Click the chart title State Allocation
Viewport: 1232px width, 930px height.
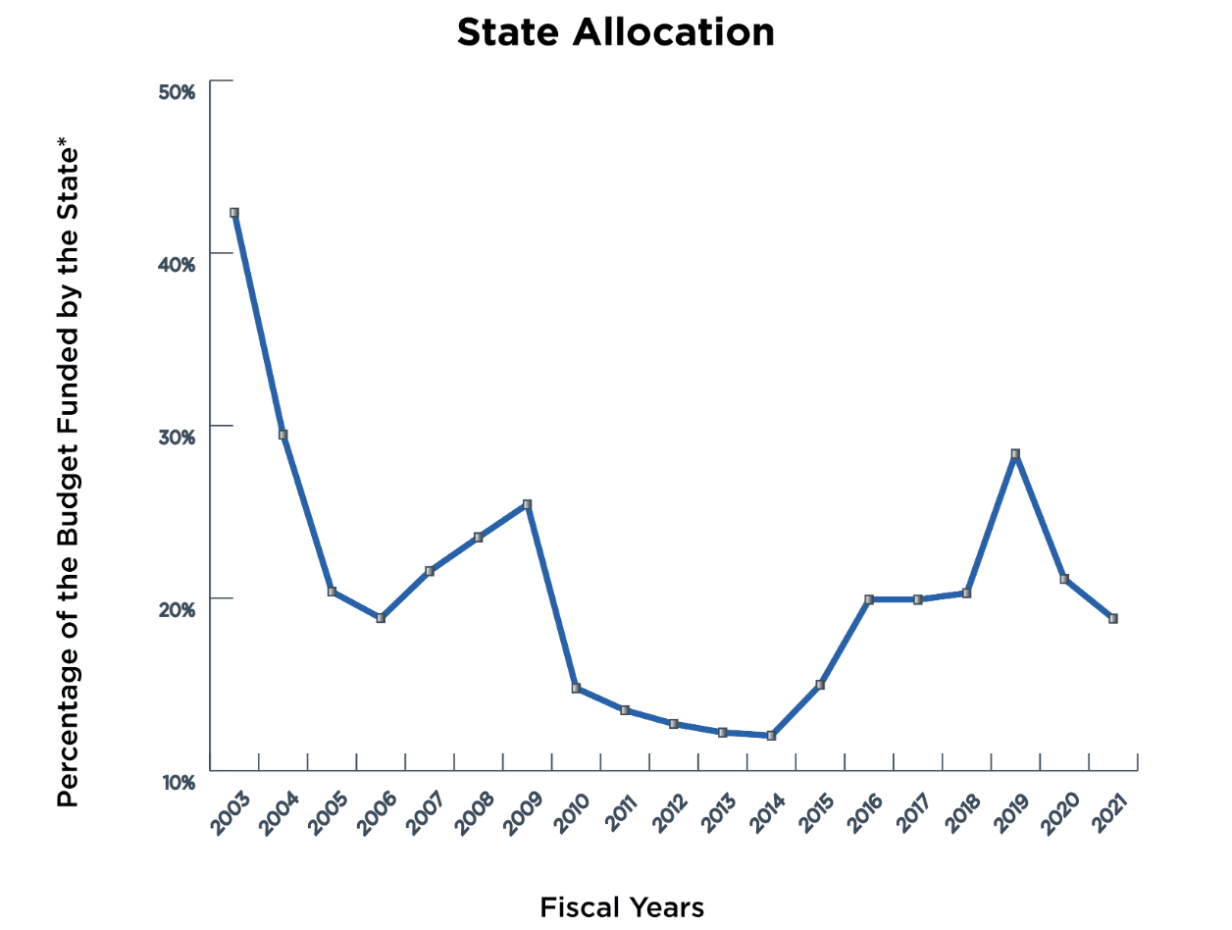615,33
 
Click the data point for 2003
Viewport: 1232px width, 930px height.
234,213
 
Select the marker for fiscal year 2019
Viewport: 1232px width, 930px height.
1015,454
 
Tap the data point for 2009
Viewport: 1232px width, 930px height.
527,504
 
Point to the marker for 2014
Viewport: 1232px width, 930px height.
771,735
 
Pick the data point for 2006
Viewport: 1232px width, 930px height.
381,618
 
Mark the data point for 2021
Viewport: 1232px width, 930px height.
1113,618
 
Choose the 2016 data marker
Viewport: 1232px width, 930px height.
869,599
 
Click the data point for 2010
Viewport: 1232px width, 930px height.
576,688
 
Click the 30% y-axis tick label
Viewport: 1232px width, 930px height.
178,437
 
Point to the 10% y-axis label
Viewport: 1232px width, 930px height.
178,782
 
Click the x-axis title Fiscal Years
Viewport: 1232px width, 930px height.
622,907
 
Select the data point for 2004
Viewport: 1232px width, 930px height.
283,435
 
